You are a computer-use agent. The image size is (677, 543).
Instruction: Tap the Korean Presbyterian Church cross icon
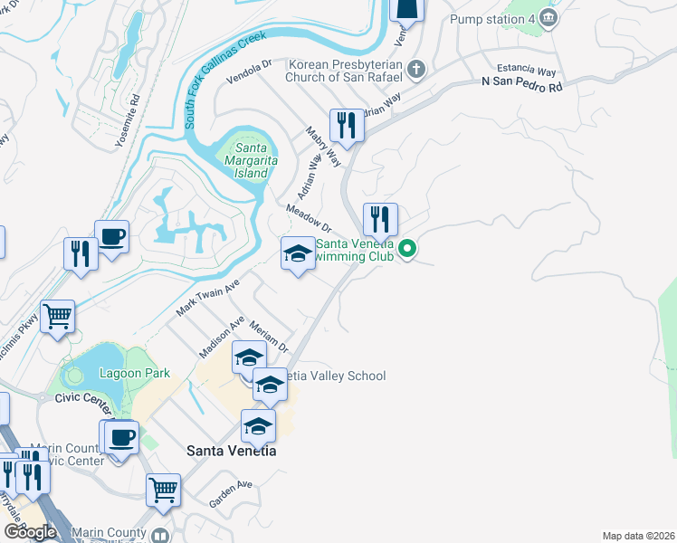pos(415,69)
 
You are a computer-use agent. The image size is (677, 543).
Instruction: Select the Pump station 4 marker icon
pos(548,18)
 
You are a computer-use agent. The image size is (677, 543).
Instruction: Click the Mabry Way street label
pos(323,146)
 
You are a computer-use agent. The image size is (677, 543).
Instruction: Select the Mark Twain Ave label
pos(206,298)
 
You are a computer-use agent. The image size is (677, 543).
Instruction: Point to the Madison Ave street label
pos(224,337)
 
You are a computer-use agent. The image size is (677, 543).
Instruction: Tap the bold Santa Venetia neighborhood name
pos(231,450)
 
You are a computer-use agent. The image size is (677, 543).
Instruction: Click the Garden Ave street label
pos(230,491)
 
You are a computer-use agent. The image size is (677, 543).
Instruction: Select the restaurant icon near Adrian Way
pos(346,125)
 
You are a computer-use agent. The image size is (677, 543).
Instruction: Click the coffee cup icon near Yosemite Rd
pos(111,237)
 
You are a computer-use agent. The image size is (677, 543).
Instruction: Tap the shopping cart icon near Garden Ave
pos(163,490)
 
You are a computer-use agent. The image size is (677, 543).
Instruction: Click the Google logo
pos(29,532)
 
